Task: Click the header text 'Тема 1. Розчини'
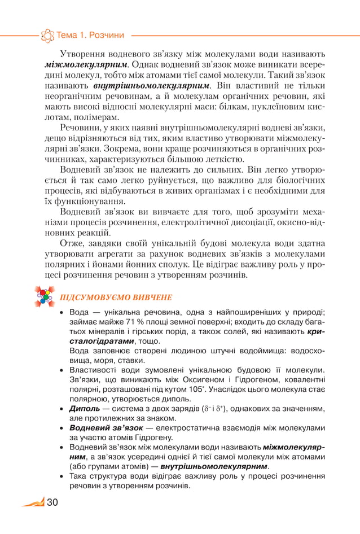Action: [90, 36]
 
